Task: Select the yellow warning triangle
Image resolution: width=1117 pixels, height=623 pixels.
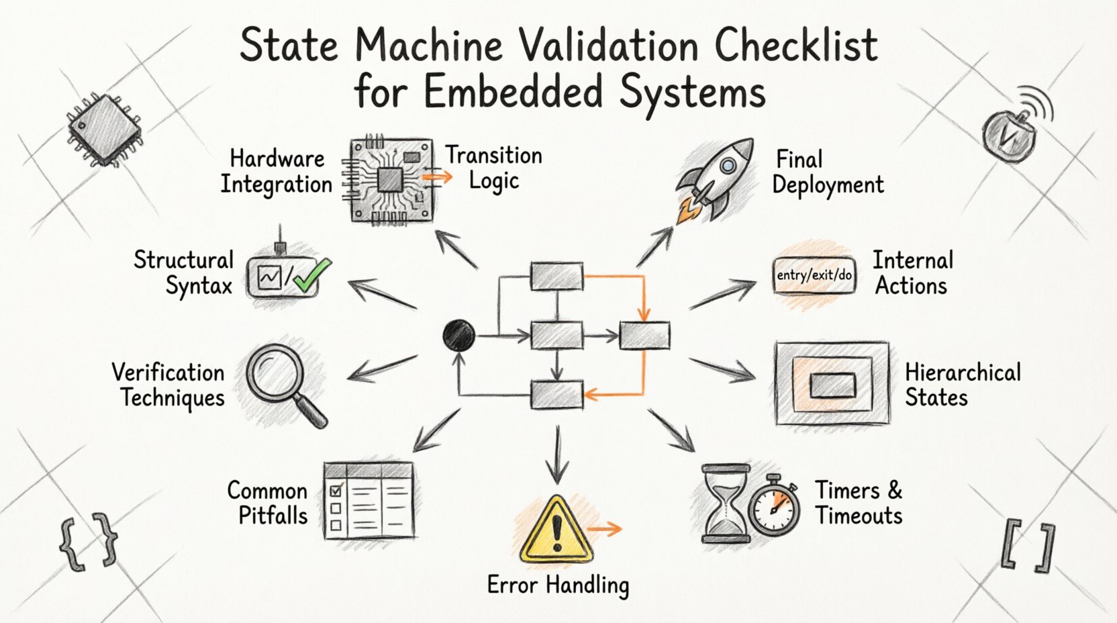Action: coord(556,531)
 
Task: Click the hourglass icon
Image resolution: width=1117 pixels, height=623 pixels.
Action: coord(726,503)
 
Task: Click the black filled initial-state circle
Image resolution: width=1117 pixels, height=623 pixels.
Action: coord(459,335)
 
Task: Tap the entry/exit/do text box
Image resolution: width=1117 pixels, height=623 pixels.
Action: coord(814,275)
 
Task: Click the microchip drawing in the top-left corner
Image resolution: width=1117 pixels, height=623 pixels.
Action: coord(105,130)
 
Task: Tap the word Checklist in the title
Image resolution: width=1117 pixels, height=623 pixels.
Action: coord(795,46)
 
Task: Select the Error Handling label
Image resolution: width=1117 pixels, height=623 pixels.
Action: coord(558,585)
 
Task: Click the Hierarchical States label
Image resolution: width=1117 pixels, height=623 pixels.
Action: coord(962,385)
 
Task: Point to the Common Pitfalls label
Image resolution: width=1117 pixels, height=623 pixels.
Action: coord(267,503)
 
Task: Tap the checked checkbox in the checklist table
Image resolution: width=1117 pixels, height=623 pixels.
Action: coord(336,490)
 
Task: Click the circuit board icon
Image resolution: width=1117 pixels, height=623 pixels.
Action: coord(390,180)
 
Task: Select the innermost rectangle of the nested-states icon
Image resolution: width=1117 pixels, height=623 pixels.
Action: coord(832,385)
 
